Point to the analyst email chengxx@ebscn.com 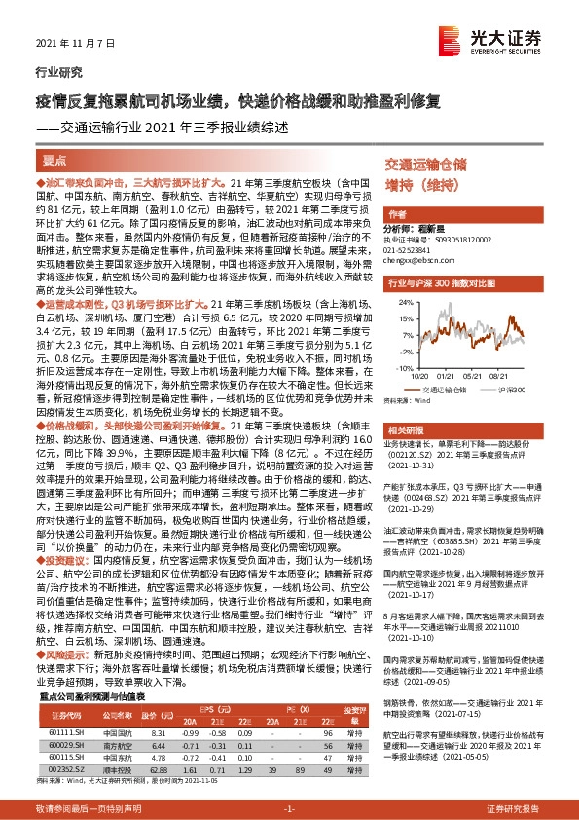coord(419,261)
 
